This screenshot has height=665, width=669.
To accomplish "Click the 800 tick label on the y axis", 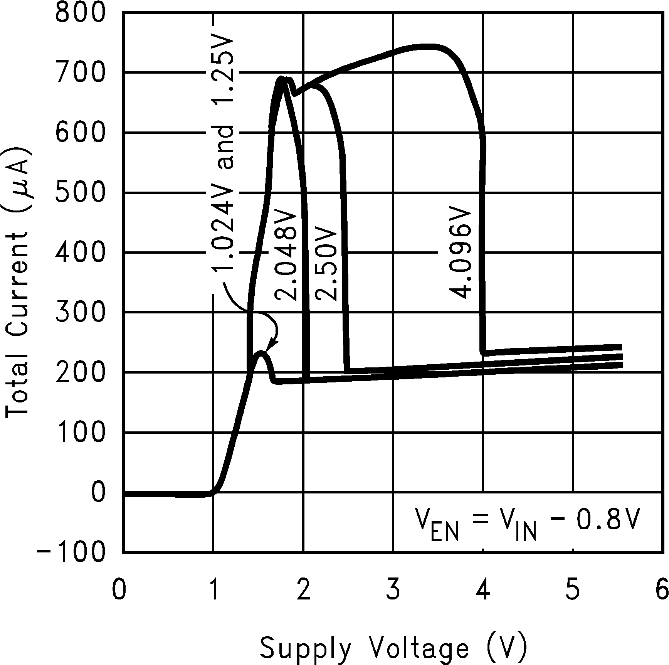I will tap(80, 13).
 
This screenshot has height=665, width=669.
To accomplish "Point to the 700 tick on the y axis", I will tap(80, 72).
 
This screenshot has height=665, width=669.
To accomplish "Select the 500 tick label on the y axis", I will tap(80, 192).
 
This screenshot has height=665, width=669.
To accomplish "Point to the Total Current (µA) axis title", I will tap(17, 281).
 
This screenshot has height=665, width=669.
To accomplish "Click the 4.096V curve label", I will tap(461, 254).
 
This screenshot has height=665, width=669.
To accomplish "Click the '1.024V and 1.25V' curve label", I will tap(222, 154).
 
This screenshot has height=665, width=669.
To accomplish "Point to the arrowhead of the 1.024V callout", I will tap(271, 345).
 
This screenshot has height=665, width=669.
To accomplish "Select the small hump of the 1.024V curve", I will tap(261, 353).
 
